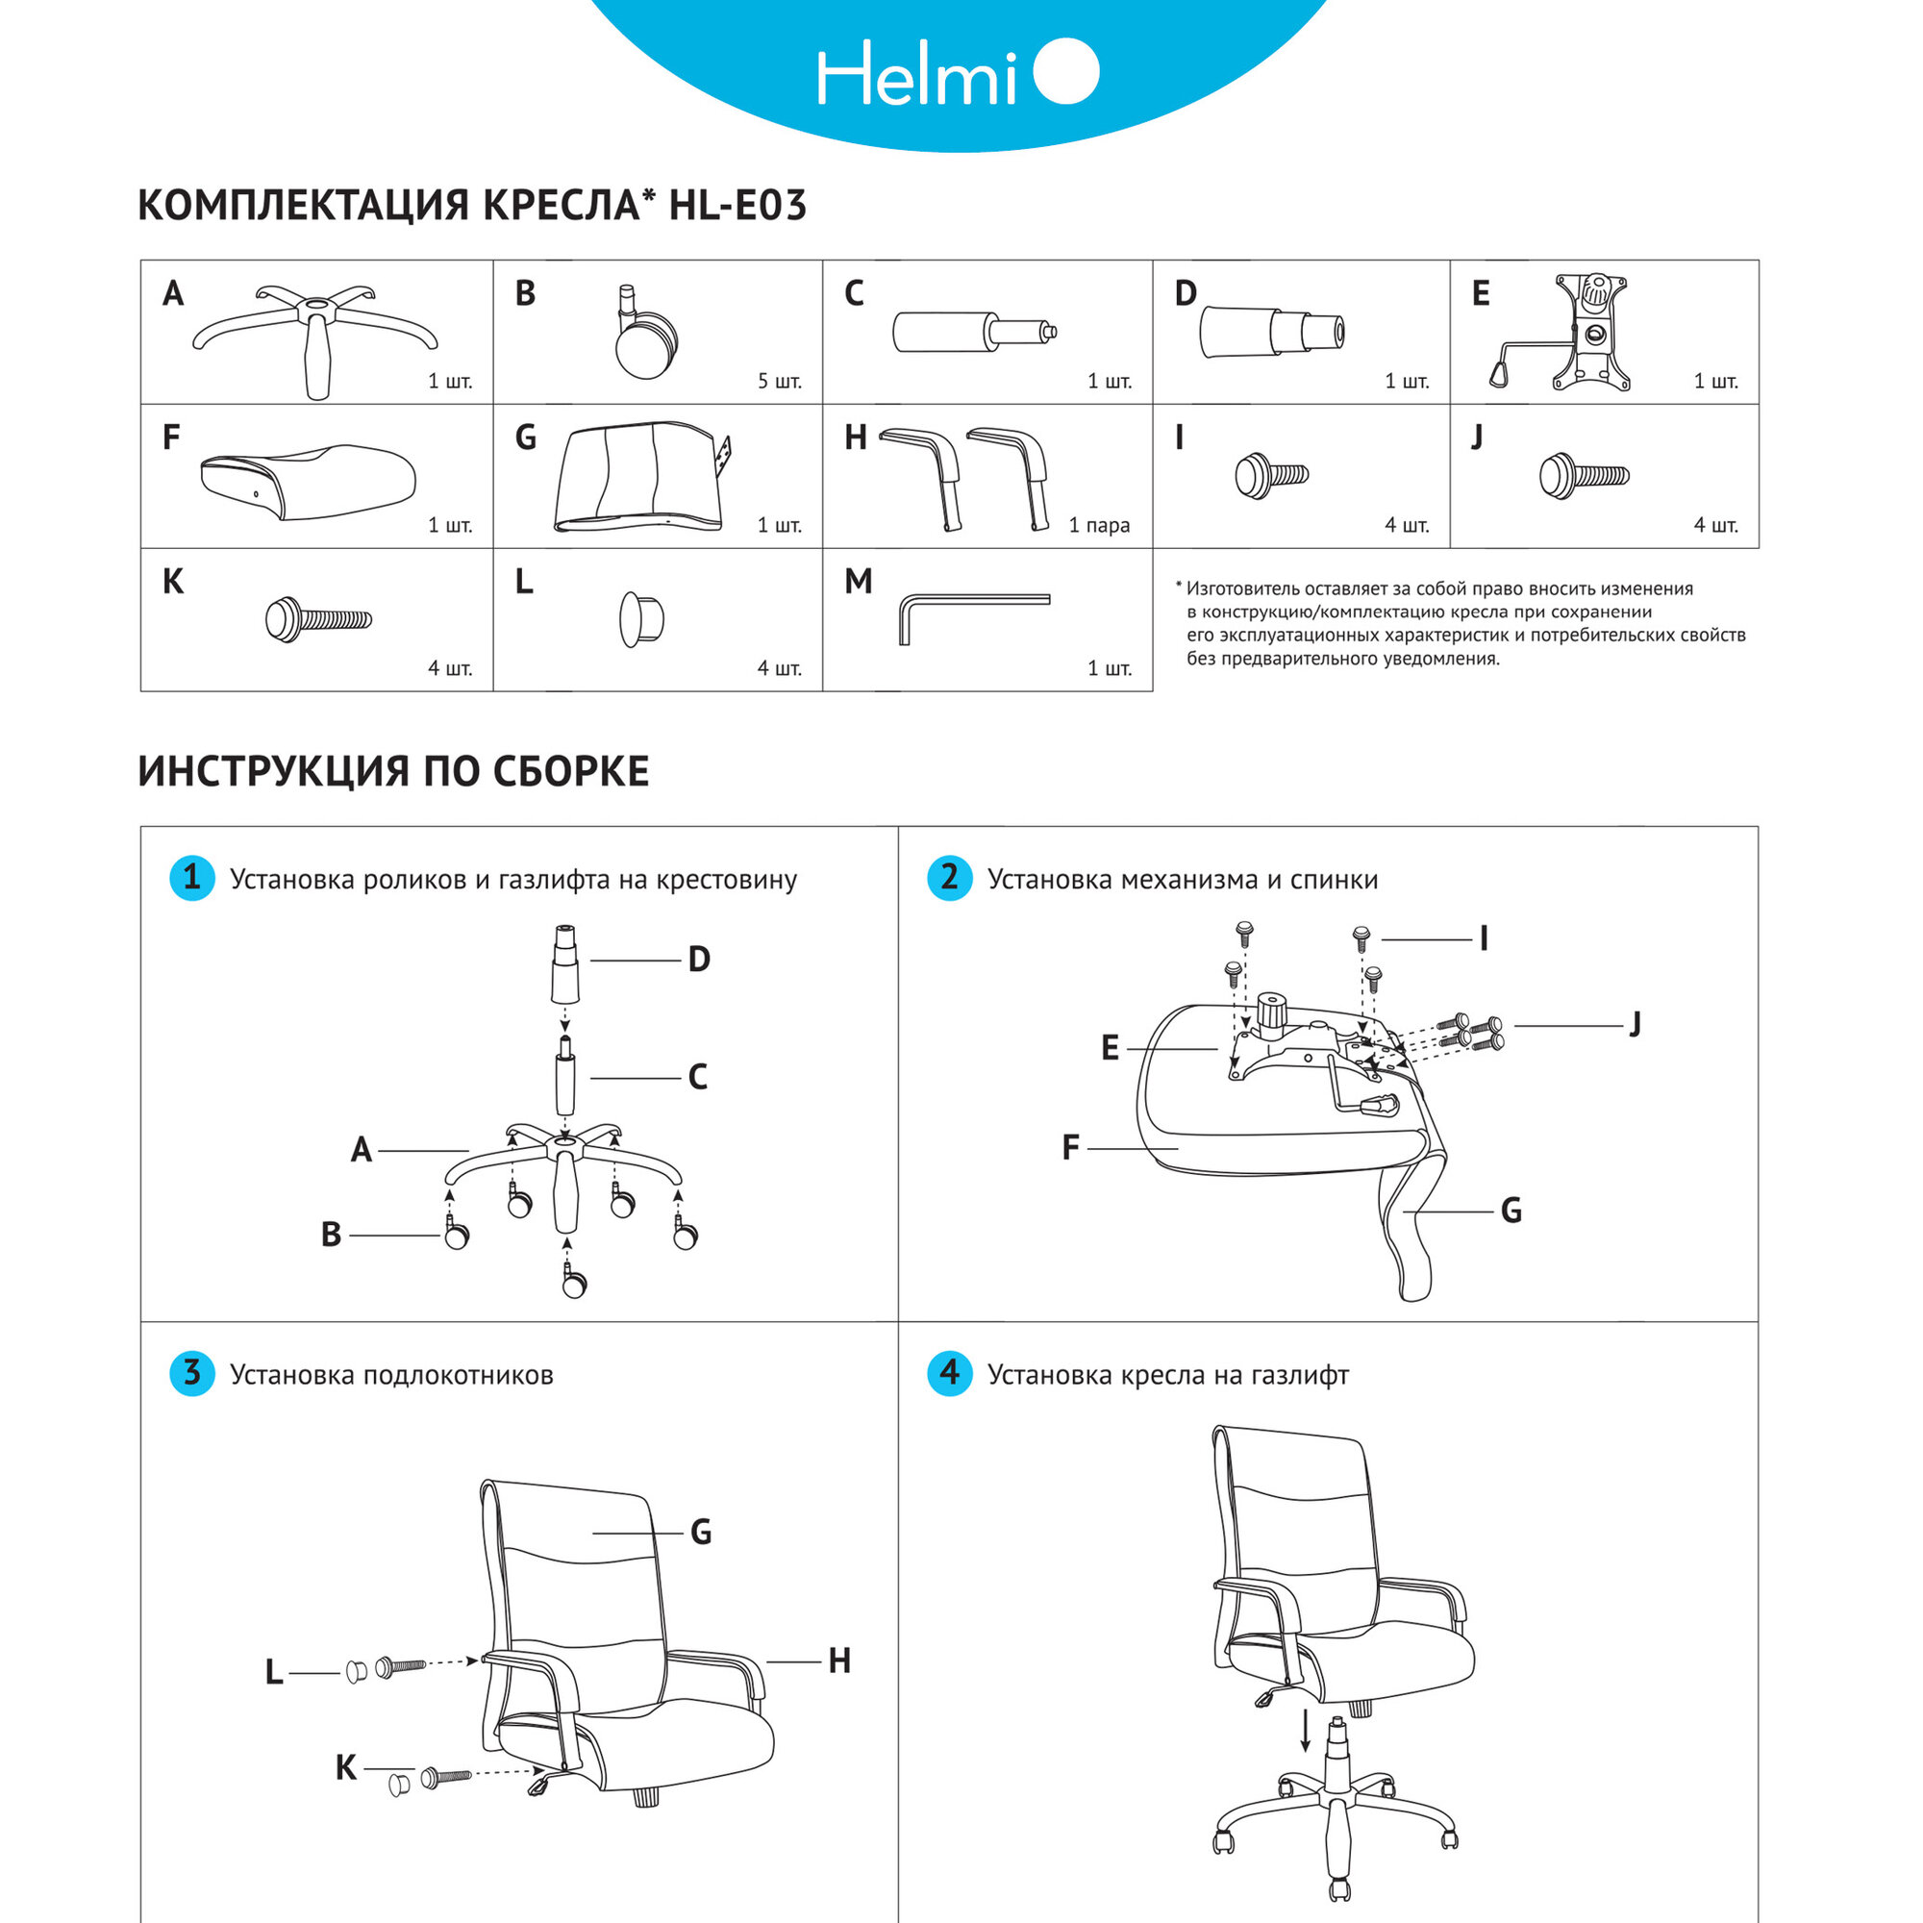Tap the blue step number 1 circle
pyautogui.click(x=192, y=878)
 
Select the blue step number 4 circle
pyautogui.click(x=950, y=1374)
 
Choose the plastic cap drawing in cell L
pyautogui.click(x=641, y=619)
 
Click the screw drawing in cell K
pyautogui.click(x=317, y=620)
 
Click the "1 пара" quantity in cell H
pyautogui.click(x=1099, y=525)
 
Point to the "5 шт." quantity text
pyautogui.click(x=780, y=381)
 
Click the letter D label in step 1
pyautogui.click(x=699, y=960)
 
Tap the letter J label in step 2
pyautogui.click(x=1635, y=1023)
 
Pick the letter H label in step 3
pyautogui.click(x=839, y=1661)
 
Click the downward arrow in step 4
pyautogui.click(x=1306, y=1731)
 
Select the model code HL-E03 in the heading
pyautogui.click(x=737, y=205)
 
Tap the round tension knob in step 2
pyautogui.click(x=1271, y=1012)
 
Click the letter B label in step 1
pyautogui.click(x=332, y=1236)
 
